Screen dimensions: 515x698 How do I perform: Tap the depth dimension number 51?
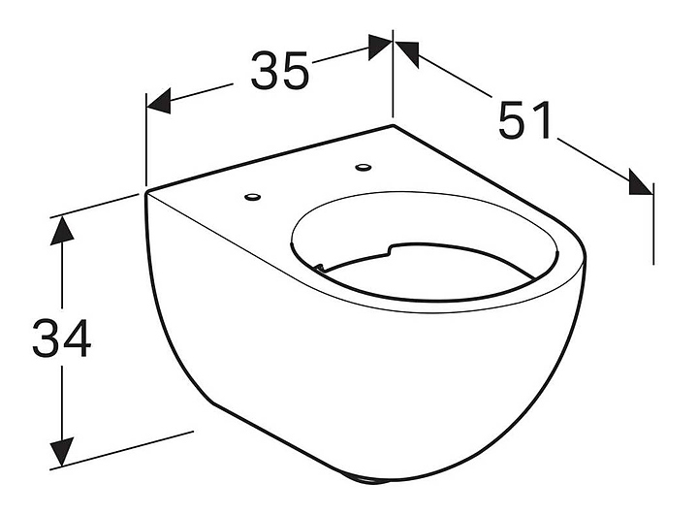(525, 120)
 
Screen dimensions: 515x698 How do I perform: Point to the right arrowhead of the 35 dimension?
(379, 46)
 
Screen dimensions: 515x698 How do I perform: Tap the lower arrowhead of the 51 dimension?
(639, 182)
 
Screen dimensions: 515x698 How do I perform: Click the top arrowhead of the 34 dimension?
(62, 229)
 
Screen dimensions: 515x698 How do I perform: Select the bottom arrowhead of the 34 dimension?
(62, 451)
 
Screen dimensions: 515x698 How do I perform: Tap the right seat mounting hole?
(365, 169)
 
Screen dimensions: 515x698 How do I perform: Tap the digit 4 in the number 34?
(76, 338)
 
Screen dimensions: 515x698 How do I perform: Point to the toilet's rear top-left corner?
(146, 191)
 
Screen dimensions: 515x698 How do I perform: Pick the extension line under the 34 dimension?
(126, 447)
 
